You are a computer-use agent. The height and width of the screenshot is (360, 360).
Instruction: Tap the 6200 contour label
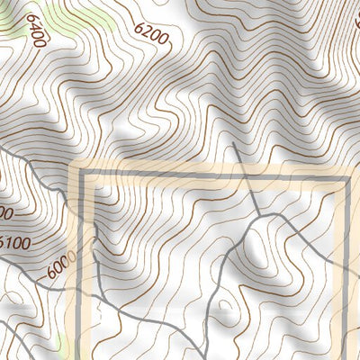click(150, 33)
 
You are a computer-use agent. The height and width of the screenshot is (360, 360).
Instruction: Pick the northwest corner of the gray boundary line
click(87, 178)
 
